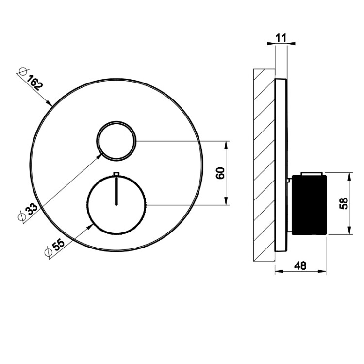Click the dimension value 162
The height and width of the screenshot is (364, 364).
click(x=35, y=83)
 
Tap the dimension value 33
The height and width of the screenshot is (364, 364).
click(x=31, y=209)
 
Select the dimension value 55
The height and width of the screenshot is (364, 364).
click(x=58, y=245)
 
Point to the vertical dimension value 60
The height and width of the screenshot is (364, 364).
click(x=220, y=173)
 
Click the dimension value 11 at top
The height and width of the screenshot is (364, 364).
click(x=281, y=38)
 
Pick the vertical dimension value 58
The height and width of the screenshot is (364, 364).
click(x=344, y=203)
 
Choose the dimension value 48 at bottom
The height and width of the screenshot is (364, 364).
click(x=300, y=266)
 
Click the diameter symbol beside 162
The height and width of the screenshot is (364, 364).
click(x=23, y=72)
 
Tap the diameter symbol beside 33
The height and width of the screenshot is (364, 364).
click(x=21, y=216)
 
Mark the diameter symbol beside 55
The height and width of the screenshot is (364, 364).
click(x=48, y=252)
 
